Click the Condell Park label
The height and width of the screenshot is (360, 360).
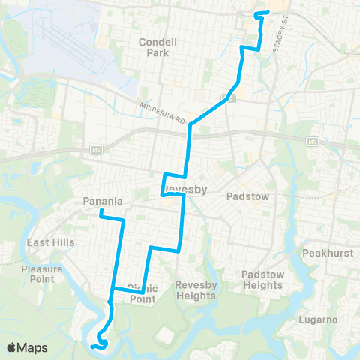[x=157, y=48]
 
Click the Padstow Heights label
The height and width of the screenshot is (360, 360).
[x=262, y=280]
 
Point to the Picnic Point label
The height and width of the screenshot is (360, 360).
[x=142, y=292]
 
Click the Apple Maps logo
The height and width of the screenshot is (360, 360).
[x=27, y=347]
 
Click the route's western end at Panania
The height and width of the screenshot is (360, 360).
[x=100, y=211]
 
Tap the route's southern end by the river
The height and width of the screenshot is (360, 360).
[x=92, y=346]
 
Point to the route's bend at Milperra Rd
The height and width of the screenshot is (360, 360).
[x=190, y=124]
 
